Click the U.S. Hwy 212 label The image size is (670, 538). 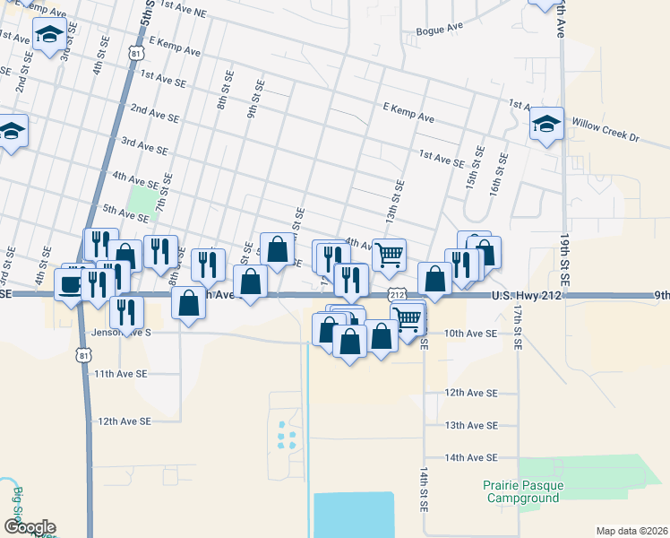pos(527,295)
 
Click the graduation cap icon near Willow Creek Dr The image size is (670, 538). pos(545,125)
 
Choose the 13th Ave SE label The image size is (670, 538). pos(470,425)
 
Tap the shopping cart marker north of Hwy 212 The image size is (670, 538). pos(389,255)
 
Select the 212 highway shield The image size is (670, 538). pos(398,294)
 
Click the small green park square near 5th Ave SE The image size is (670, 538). pos(141,198)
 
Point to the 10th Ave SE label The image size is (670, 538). pos(470,333)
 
